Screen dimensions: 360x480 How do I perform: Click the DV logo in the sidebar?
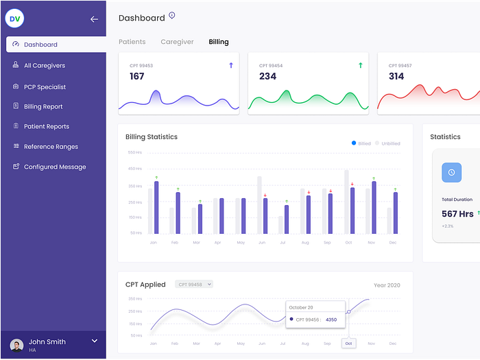point(14,19)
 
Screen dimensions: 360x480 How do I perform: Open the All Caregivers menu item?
point(44,66)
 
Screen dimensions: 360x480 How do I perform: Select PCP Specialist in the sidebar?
point(45,87)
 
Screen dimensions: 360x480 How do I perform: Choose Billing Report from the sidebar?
point(43,107)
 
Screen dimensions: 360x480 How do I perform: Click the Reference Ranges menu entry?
point(50,147)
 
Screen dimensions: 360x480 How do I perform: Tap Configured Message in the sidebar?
point(54,167)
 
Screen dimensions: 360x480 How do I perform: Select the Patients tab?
point(132,42)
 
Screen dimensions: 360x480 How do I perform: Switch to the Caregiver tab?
point(177,42)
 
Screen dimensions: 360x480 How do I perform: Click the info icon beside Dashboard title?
point(172,16)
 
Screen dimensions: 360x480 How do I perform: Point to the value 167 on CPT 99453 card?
point(137,76)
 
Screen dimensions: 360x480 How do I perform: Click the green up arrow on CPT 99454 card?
point(360,65)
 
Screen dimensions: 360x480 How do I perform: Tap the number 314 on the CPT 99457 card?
point(396,76)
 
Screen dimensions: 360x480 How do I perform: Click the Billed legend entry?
point(361,143)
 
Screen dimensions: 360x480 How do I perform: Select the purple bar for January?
point(156,207)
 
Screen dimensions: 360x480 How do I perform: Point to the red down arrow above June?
point(265,195)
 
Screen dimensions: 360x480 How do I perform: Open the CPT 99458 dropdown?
point(195,284)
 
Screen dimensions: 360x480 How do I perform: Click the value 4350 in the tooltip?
point(331,320)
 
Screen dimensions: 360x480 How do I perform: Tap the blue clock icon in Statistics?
point(451,172)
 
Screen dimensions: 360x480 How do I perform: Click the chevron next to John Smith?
point(95,341)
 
